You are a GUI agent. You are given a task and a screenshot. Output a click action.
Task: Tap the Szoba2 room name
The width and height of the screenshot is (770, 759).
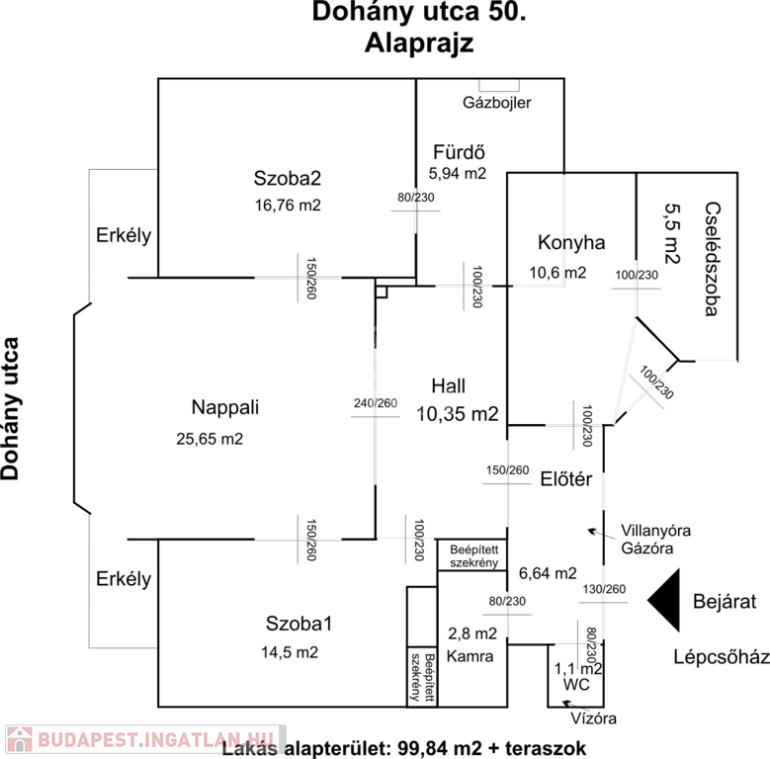click(288, 179)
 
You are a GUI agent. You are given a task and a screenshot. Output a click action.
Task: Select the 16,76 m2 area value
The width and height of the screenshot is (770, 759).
click(288, 206)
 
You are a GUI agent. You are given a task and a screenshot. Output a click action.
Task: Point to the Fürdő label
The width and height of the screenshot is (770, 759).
click(458, 152)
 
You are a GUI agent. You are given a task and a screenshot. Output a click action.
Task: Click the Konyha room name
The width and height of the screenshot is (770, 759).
click(571, 242)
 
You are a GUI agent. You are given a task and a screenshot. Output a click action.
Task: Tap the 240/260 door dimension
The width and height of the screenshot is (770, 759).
click(376, 403)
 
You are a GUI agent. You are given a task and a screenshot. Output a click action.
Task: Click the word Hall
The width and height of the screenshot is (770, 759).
click(448, 385)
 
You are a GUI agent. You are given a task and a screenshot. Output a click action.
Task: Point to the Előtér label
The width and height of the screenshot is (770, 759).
click(565, 480)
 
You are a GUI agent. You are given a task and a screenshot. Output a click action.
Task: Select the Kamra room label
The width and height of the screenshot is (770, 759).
click(471, 655)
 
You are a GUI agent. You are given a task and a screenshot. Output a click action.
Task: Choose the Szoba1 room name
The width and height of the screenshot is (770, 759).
click(298, 624)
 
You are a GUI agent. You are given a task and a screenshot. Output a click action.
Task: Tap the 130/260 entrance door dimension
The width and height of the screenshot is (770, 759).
click(604, 591)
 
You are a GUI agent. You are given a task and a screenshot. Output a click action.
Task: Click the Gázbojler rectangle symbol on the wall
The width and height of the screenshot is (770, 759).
click(492, 86)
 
